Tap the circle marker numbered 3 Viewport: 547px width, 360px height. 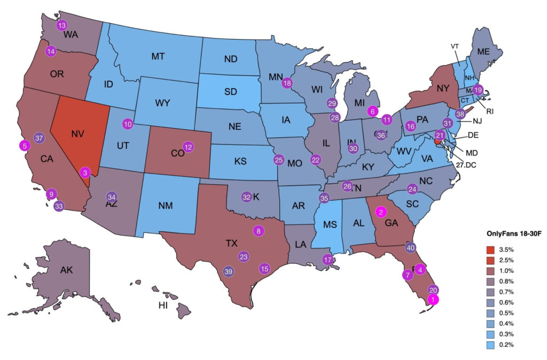pos(85,172)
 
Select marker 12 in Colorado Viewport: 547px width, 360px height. pos(188,146)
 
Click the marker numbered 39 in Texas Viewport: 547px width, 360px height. pos(228,271)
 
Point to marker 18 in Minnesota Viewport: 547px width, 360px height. pos(287,83)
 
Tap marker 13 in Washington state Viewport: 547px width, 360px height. pos(62,25)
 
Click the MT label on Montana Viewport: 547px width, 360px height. pos(158,56)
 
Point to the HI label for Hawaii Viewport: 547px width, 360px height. pos(163,305)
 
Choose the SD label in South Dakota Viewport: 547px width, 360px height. pos(231,92)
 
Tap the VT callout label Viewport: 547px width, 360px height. pos(455,46)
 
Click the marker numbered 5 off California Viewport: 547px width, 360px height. pos(24,145)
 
